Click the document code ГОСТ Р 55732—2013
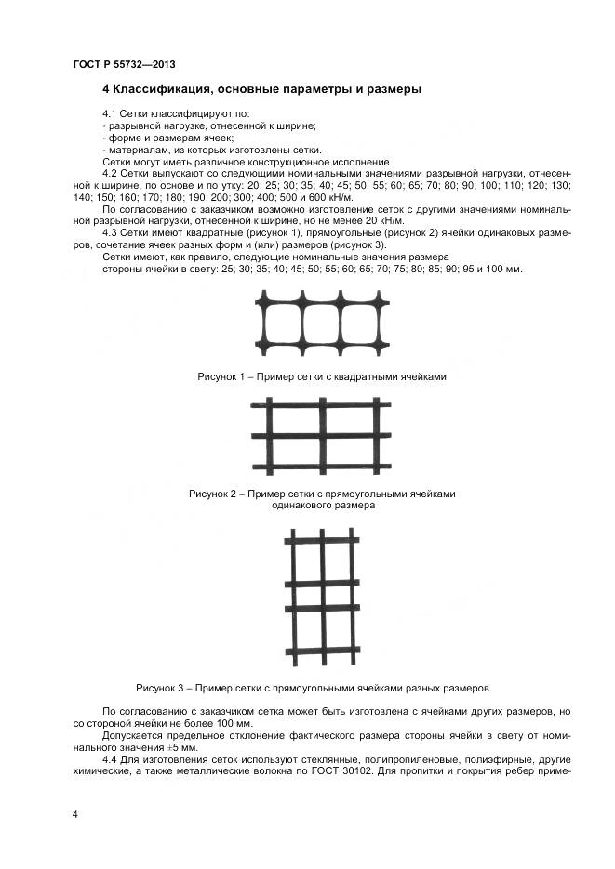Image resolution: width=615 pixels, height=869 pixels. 124,64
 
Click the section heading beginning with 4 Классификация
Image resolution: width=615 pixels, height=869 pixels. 261,90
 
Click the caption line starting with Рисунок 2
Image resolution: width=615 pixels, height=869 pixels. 322,494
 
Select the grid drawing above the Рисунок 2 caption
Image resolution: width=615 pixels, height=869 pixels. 321,437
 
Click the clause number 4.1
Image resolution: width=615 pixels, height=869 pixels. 113,113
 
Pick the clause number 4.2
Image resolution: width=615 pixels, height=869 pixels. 113,174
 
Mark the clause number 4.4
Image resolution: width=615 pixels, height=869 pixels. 113,758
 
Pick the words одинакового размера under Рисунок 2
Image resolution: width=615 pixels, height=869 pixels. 322,507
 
